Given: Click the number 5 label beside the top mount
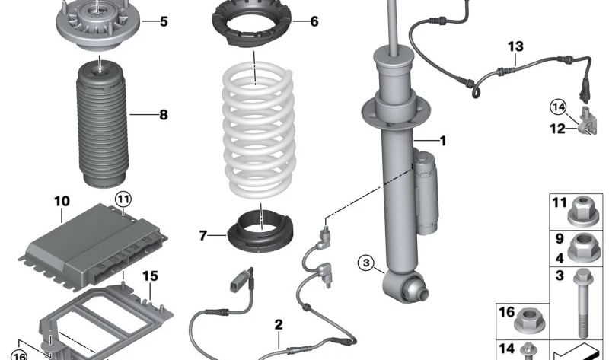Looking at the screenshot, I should coord(163,21).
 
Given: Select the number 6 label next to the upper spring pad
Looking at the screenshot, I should coord(313,21).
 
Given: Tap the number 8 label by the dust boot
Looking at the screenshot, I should coord(163,116).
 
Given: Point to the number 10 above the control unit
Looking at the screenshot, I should coord(62,202).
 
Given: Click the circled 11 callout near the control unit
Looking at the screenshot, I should coord(123,199).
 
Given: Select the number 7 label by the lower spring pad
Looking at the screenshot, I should coord(202,236).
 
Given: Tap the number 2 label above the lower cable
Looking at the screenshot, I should coord(279,325).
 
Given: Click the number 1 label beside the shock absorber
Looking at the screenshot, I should coord(442,141).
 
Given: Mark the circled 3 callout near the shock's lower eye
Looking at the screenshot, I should coord(367,264).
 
